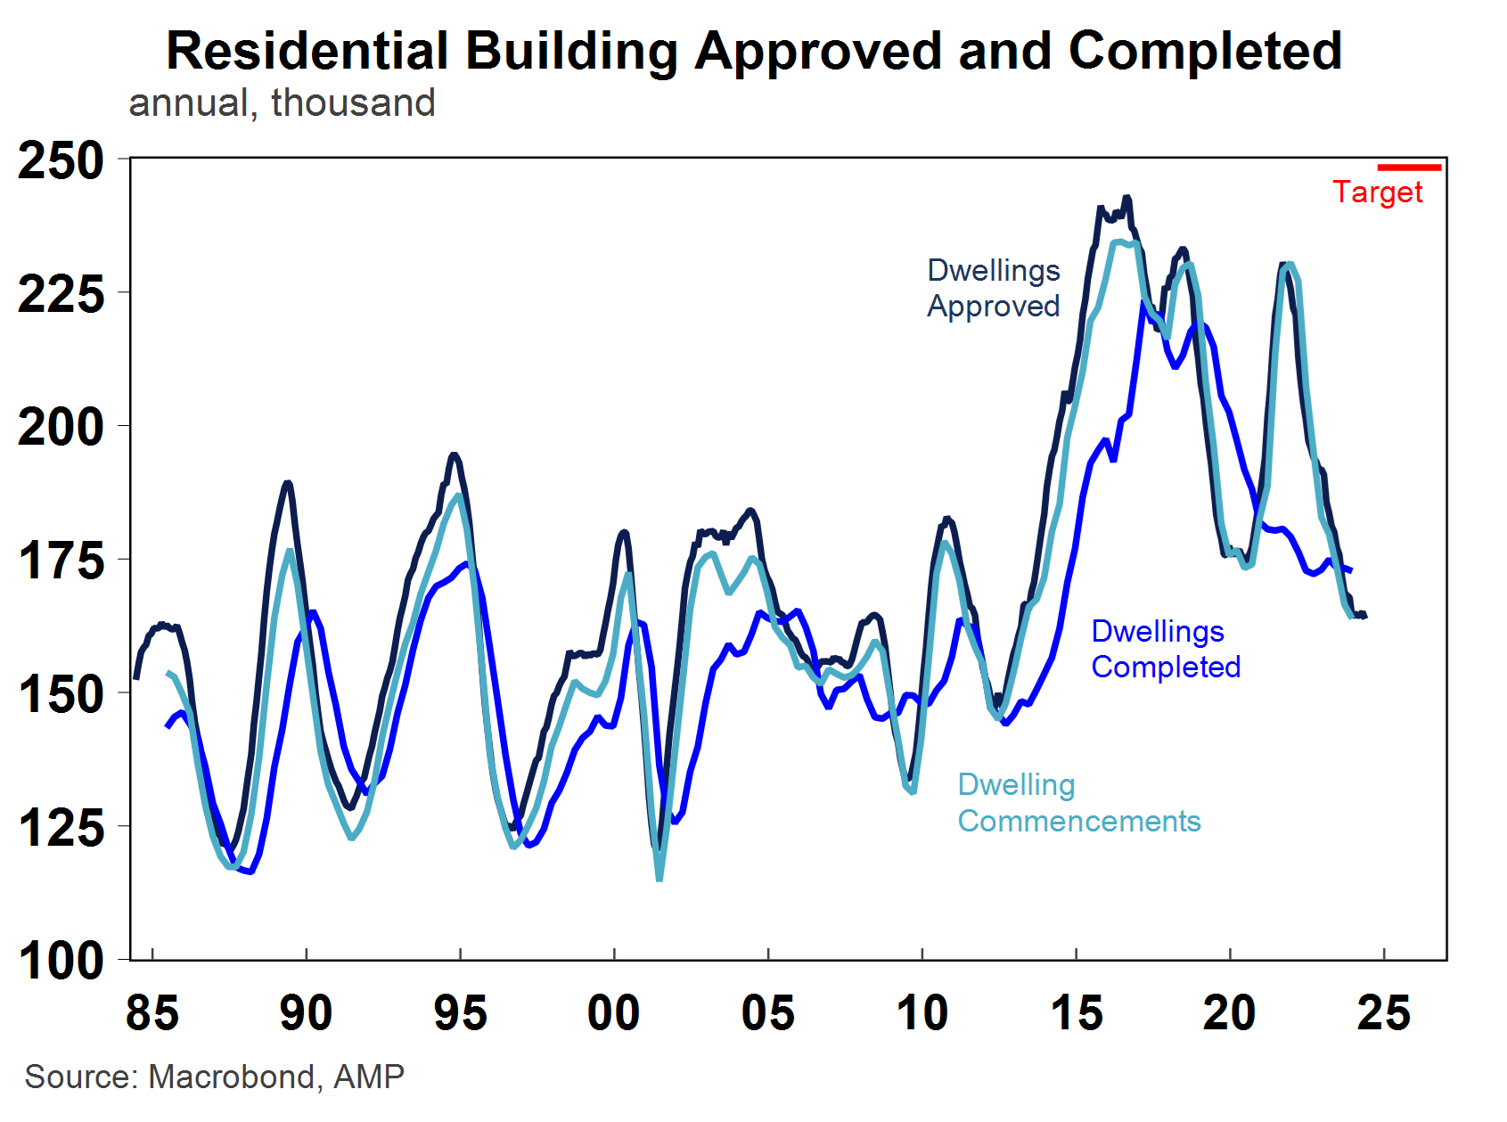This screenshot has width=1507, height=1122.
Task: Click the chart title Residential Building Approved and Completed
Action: pyautogui.click(x=753, y=51)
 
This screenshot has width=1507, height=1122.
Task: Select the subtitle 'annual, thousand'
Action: pyautogui.click(x=282, y=102)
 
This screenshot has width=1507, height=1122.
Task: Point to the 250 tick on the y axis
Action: pyautogui.click(x=61, y=161)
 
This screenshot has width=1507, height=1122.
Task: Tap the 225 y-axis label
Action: pyautogui.click(x=61, y=294)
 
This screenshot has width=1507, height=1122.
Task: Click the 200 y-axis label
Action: pyautogui.click(x=61, y=428)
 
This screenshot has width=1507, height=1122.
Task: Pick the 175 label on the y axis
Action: pyautogui.click(x=61, y=561)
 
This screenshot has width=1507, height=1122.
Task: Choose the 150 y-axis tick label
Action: pyautogui.click(x=61, y=695)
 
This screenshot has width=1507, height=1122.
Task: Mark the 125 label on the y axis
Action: pyautogui.click(x=61, y=828)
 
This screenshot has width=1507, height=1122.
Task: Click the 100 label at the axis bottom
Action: pyautogui.click(x=61, y=962)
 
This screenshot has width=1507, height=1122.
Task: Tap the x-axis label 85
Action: pyautogui.click(x=152, y=1013)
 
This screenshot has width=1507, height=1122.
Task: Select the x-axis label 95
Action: pyautogui.click(x=460, y=1013)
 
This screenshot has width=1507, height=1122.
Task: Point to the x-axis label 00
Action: pyautogui.click(x=614, y=1013)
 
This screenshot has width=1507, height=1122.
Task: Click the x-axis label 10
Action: pyautogui.click(x=922, y=1013)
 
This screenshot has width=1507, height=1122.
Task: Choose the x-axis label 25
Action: pyautogui.click(x=1383, y=1013)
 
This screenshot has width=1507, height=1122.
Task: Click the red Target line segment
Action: pyautogui.click(x=1409, y=167)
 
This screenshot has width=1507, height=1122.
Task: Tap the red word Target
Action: pyautogui.click(x=1378, y=192)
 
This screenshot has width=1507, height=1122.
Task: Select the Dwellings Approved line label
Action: pyautogui.click(x=994, y=288)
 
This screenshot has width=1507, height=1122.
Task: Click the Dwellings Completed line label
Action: pyautogui.click(x=1166, y=649)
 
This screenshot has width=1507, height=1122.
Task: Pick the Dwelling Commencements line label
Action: pyautogui.click(x=1078, y=803)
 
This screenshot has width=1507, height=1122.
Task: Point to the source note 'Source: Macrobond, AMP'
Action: pyautogui.click(x=215, y=1077)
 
